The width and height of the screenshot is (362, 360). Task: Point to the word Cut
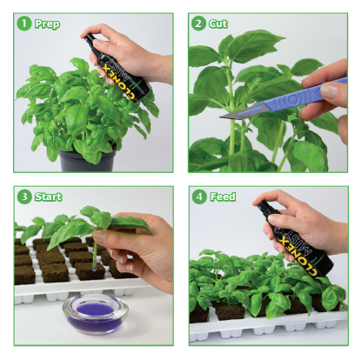[218, 24]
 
